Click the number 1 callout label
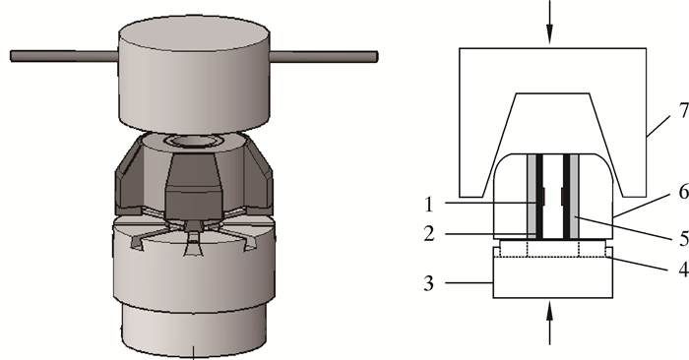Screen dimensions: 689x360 pyautogui.click(x=429, y=205)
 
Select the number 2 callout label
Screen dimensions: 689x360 pyautogui.click(x=429, y=234)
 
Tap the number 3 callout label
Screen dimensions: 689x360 pyautogui.click(x=429, y=283)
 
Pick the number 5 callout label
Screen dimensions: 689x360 pyautogui.click(x=684, y=238)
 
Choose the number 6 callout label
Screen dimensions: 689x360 pyautogui.click(x=684, y=192)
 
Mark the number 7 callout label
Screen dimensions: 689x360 pyautogui.click(x=684, y=110)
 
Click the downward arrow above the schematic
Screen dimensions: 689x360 pyautogui.click(x=549, y=22)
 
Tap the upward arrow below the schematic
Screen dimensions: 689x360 pyautogui.click(x=549, y=324)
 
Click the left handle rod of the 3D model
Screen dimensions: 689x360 pyautogui.click(x=64, y=56)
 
